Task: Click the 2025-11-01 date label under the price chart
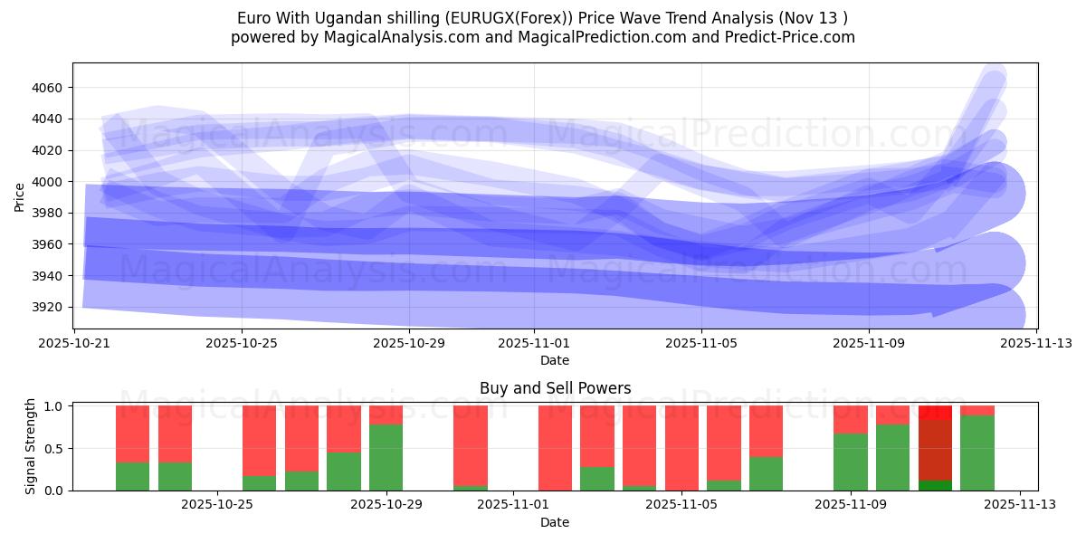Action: [x=533, y=344]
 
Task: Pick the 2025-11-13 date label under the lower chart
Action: [x=1020, y=505]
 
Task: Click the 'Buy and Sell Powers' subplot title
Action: [x=555, y=389]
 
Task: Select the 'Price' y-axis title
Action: [x=20, y=196]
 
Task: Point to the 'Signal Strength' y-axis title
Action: [x=31, y=447]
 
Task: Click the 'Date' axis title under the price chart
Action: [x=555, y=360]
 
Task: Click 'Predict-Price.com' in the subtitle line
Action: [x=792, y=37]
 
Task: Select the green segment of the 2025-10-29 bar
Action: [x=386, y=457]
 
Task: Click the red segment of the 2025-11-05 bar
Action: [x=681, y=447]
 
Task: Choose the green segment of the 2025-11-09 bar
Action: [x=851, y=462]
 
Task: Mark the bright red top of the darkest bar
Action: [x=935, y=413]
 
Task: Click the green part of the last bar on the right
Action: [x=977, y=452]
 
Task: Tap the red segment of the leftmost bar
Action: [x=132, y=434]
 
